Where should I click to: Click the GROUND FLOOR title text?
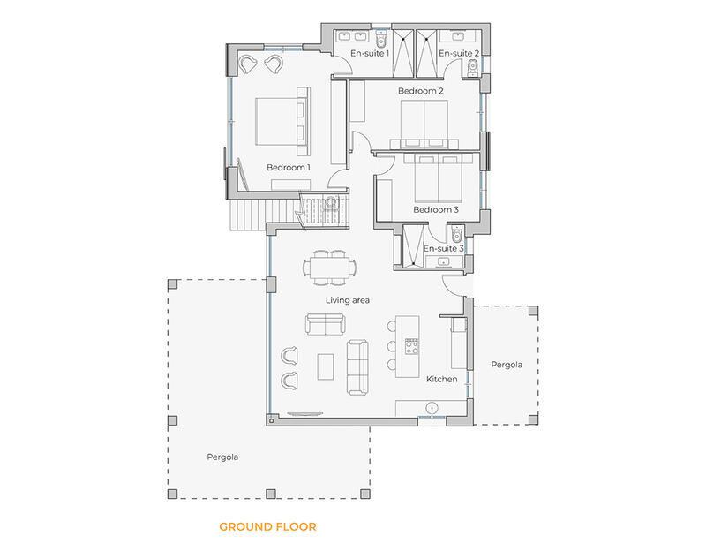267,527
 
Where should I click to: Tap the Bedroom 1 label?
289,167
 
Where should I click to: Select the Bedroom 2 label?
420,91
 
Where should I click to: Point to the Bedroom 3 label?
436,209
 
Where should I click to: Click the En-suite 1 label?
370,54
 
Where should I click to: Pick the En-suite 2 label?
459,54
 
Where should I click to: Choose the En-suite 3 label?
443,248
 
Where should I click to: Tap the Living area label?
347,300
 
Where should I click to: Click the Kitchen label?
442,379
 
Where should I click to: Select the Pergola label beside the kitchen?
507,364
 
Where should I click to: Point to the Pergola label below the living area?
222,457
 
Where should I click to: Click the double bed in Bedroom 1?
282,122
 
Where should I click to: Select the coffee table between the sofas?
326,366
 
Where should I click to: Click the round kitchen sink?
432,408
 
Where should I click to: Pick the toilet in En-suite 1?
380,41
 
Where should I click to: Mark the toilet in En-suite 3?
455,235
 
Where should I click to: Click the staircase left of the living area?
247,213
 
